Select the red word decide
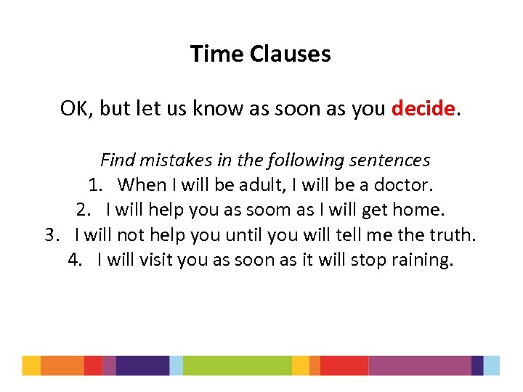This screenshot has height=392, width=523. [423, 109]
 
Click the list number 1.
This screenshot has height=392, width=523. [95, 185]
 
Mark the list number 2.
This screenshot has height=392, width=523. [83, 211]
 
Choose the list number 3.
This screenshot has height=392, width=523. [52, 235]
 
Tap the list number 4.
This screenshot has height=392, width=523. [74, 260]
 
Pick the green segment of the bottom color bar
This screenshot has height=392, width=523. [237, 365]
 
